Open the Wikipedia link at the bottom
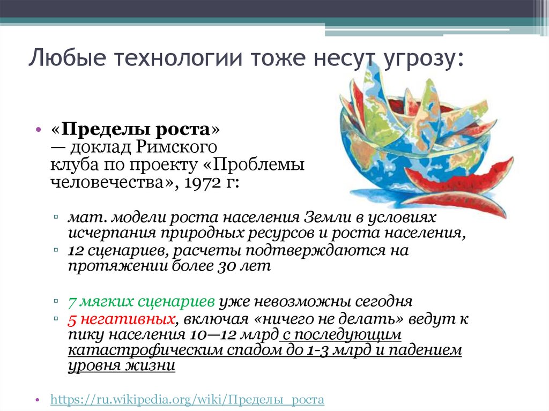[x=187, y=400]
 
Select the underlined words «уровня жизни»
[x=121, y=367]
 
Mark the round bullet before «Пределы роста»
[x=39, y=131]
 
